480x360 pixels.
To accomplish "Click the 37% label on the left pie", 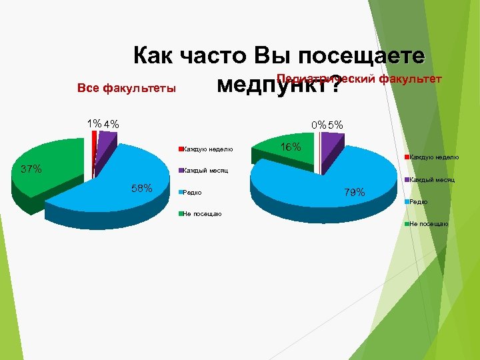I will [31, 169].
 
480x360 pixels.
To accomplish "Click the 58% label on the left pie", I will [142, 188].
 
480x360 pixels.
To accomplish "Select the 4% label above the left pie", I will [111, 123].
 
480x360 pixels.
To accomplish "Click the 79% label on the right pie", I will [354, 193].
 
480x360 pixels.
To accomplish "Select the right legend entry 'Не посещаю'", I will [429, 224].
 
